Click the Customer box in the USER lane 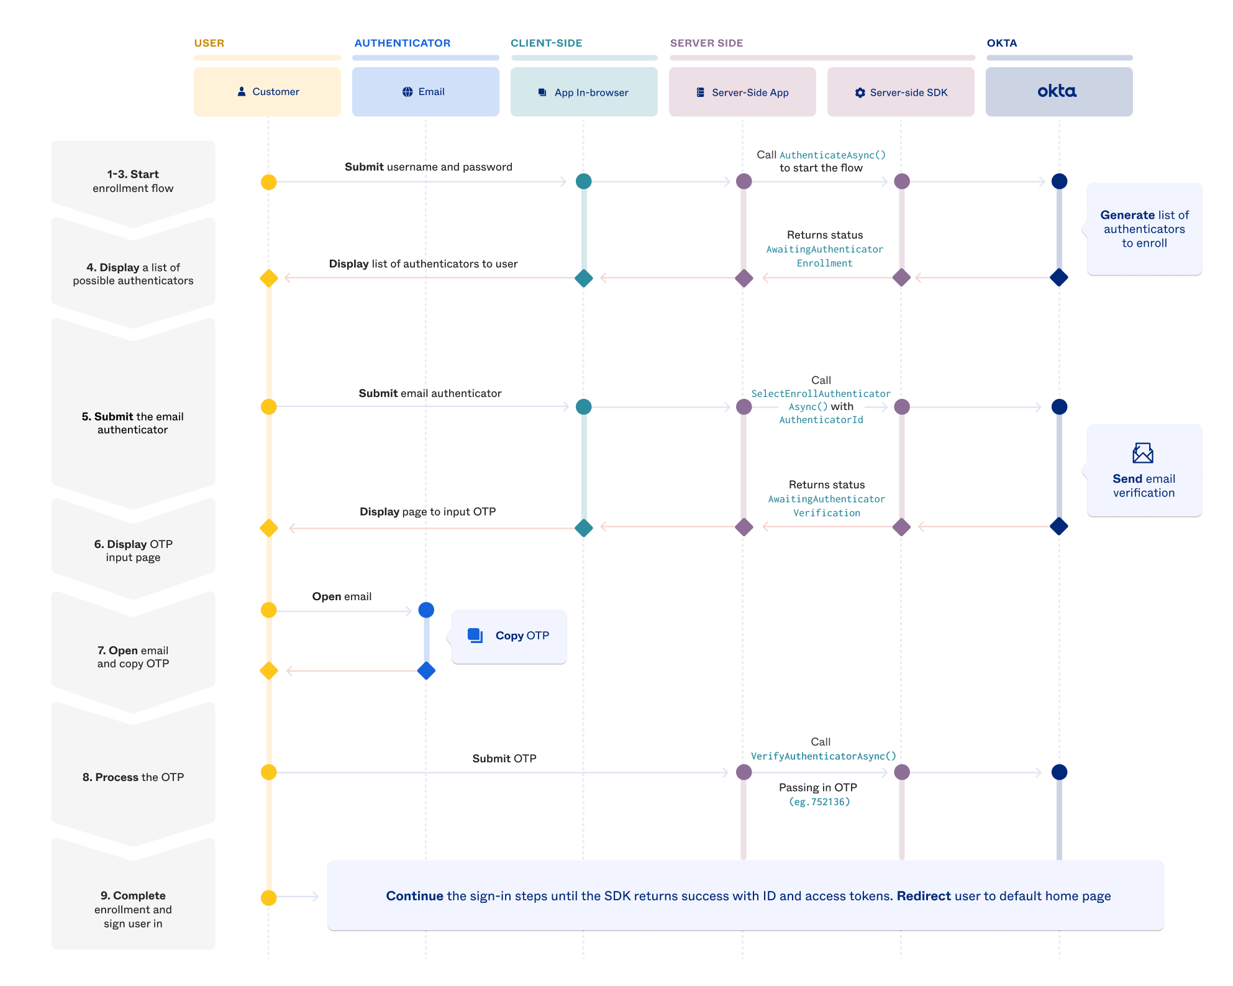click(267, 92)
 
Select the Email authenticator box click(425, 92)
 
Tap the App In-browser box click(584, 92)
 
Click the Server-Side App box click(742, 92)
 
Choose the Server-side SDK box click(901, 92)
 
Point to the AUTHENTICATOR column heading click(402, 43)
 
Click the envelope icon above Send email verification click(1142, 453)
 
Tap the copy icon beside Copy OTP click(475, 635)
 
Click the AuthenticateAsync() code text click(832, 155)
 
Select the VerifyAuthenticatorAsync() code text click(824, 756)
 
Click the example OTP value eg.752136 click(819, 801)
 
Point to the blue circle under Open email click(426, 610)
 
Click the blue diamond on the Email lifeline click(426, 671)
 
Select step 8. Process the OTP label click(133, 777)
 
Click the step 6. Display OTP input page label click(133, 550)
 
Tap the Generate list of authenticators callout click(1144, 229)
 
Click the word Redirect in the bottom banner click(924, 896)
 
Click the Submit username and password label click(428, 167)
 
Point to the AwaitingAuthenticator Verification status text click(826, 506)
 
